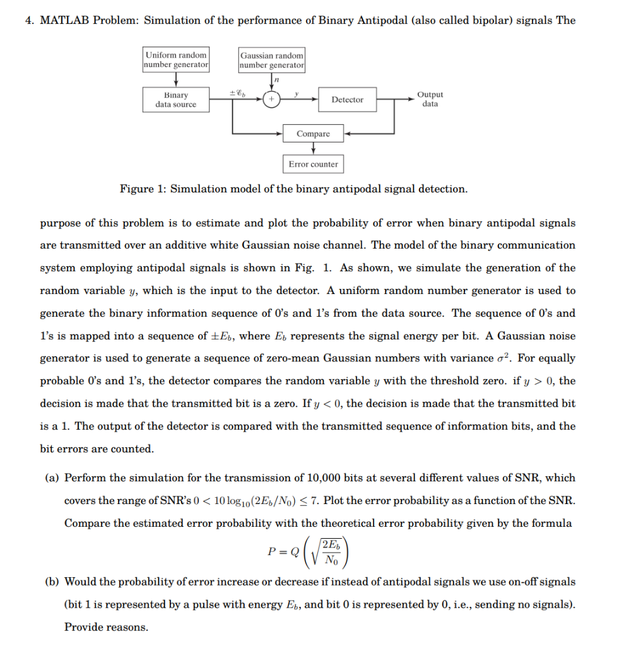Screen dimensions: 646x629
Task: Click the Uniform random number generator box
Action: [x=176, y=60]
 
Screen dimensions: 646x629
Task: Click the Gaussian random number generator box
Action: [x=272, y=60]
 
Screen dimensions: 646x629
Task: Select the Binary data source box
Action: [x=176, y=100]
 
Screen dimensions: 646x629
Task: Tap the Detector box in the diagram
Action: [x=347, y=100]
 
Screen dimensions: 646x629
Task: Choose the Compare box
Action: [x=313, y=134]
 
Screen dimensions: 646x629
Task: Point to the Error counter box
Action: [x=313, y=164]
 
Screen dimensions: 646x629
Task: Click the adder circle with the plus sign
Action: [x=272, y=100]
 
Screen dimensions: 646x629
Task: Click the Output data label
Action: [x=430, y=99]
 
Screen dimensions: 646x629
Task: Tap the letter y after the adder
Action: [x=296, y=93]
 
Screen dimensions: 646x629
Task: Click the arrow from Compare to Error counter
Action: [x=314, y=148]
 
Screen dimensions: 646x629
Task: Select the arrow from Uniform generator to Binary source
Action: [x=176, y=79]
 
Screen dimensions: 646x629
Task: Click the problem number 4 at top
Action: [x=28, y=20]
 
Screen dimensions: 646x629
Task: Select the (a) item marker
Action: [x=52, y=478]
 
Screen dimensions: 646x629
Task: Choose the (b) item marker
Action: [x=52, y=581]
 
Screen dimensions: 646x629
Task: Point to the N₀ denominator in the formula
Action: [x=331, y=560]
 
